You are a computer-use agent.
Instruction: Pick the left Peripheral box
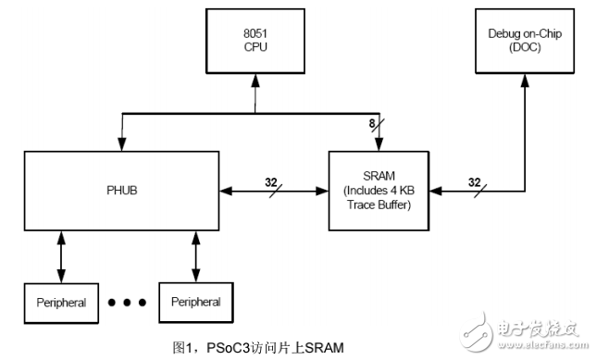63,303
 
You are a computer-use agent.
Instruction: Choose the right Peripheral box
196,303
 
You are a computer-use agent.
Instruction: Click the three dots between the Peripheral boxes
130,303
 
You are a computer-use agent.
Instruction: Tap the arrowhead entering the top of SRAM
379,143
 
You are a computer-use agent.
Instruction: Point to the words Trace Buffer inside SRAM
379,205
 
